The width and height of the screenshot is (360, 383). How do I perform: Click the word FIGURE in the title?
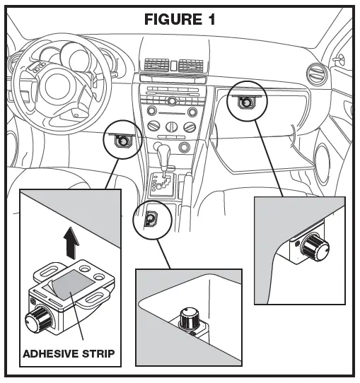[173, 19]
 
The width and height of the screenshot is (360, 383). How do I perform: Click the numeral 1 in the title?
[211, 19]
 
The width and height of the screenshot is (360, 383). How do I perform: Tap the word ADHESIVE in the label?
[51, 354]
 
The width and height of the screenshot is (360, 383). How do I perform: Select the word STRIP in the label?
[98, 354]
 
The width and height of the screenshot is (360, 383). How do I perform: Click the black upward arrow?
[71, 242]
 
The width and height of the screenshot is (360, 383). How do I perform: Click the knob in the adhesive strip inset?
[38, 319]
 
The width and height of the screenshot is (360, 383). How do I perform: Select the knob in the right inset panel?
[315, 247]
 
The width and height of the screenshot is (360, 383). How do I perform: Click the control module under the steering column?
[123, 141]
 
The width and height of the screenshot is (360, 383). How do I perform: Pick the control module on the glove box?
[246, 102]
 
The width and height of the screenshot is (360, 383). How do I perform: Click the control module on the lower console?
[151, 218]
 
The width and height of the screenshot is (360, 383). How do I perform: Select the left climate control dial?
[154, 126]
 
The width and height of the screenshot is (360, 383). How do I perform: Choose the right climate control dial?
[190, 127]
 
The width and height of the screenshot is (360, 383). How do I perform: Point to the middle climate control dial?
[172, 126]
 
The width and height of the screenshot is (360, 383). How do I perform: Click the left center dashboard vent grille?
[156, 65]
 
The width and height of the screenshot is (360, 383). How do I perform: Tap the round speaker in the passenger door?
[322, 164]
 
